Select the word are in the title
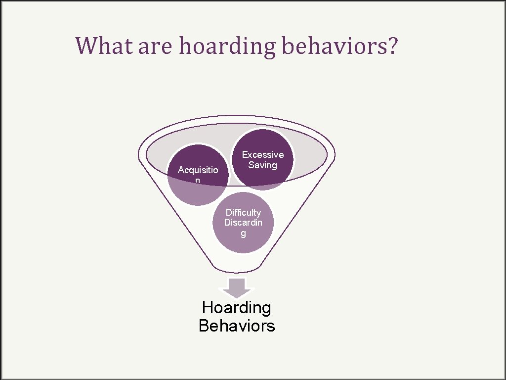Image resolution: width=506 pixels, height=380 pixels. click(x=155, y=47)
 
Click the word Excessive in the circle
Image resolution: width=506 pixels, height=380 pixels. click(x=263, y=155)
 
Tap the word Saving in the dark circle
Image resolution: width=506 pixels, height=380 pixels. click(x=263, y=165)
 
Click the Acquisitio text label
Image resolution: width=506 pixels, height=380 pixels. click(x=197, y=170)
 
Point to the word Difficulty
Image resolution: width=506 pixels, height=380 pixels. click(x=243, y=213)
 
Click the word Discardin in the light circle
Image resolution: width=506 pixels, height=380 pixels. click(x=243, y=223)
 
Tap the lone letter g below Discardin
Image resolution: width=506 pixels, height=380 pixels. click(x=243, y=234)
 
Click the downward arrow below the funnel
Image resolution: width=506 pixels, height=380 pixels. click(x=237, y=287)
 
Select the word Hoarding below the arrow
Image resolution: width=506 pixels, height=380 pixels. click(x=237, y=308)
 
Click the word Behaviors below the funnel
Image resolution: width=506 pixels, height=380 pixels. click(x=237, y=326)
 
